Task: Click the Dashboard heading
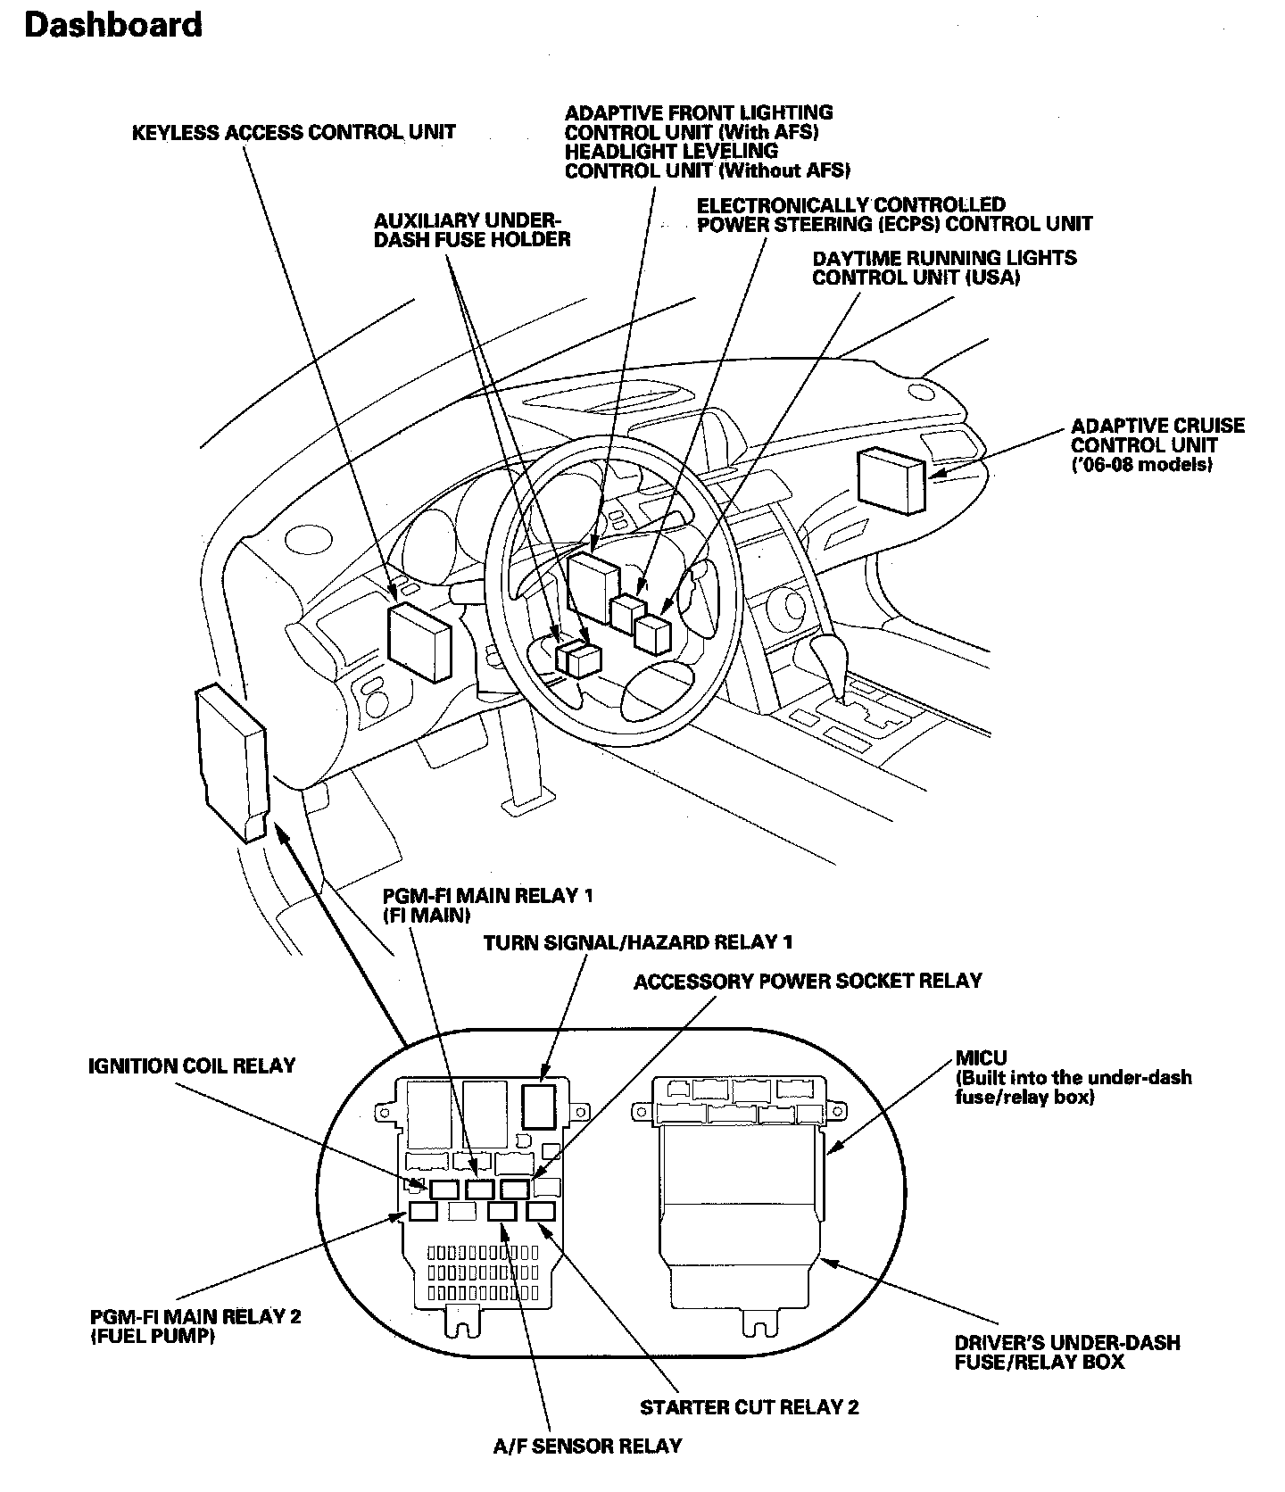pos(113,25)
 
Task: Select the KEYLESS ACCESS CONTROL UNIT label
pos(294,133)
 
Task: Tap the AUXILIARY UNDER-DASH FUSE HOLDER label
pos(472,230)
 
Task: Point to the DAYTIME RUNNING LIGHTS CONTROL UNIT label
pos(943,268)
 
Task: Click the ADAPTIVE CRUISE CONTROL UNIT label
pos(1157,445)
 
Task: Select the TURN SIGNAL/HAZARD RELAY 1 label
pos(637,942)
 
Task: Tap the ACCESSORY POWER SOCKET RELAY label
pos(807,982)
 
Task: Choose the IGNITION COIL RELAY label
pos(192,1065)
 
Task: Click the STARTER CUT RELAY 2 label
pos(749,1407)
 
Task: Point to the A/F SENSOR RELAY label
pos(587,1446)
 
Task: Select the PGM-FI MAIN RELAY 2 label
pos(195,1326)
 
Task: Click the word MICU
pos(981,1058)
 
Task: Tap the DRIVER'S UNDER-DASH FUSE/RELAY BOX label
pos(1066,1352)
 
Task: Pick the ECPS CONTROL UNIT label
pos(894,214)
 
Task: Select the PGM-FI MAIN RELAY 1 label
pos(487,905)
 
